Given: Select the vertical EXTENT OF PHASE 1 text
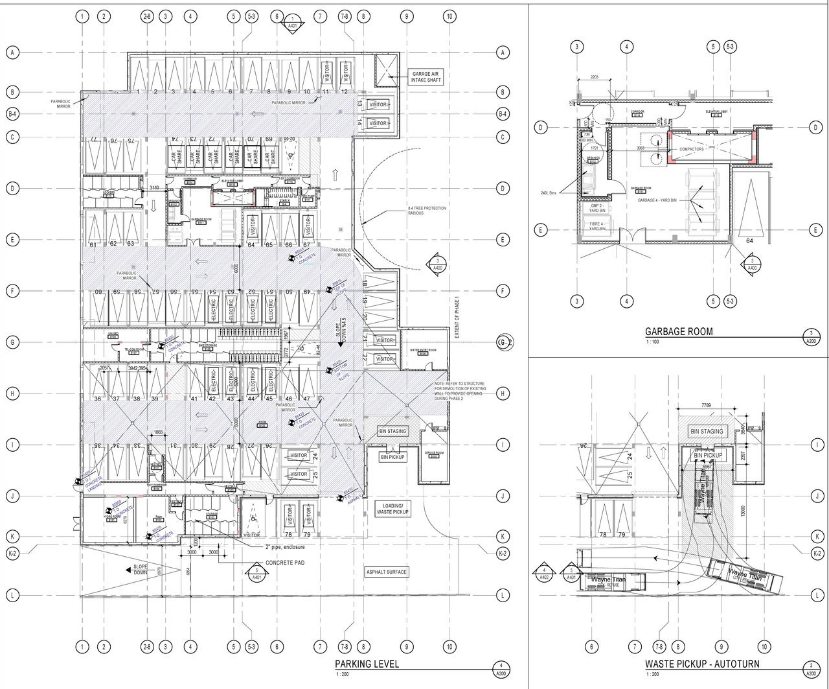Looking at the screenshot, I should point(457,318).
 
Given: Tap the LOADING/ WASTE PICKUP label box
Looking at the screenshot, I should point(392,509).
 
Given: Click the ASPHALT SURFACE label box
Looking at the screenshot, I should point(387,572).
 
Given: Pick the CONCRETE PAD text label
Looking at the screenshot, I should point(285,563).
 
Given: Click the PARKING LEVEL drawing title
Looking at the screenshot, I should point(367,664).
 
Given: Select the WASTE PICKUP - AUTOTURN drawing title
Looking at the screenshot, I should point(702,664).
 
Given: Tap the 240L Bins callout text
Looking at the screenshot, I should point(550,193).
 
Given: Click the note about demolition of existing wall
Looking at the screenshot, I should point(466,393).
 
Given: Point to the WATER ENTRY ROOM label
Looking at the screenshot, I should point(424,350).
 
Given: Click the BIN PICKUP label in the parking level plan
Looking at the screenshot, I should point(392,457).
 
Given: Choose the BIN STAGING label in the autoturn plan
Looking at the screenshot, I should point(707,431).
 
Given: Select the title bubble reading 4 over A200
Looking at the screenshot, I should point(501,670).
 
